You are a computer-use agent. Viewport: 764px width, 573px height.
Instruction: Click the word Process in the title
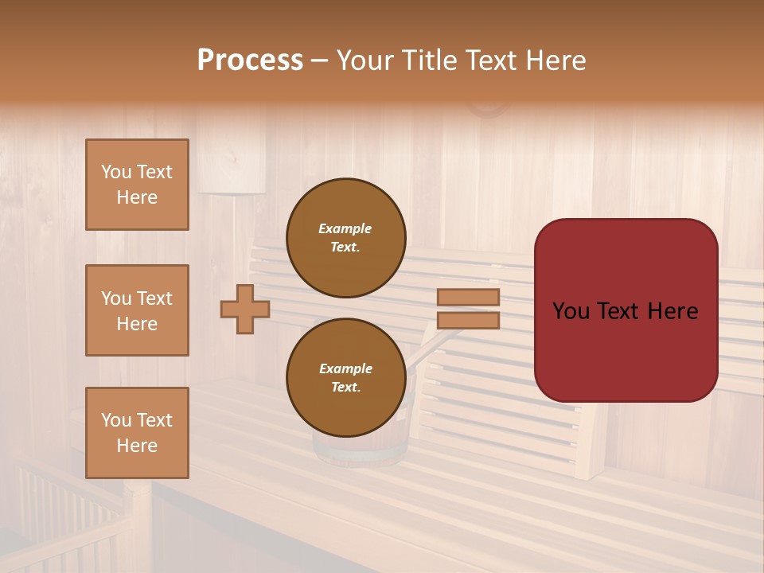tap(250, 60)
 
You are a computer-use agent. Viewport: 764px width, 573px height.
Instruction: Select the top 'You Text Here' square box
tap(137, 185)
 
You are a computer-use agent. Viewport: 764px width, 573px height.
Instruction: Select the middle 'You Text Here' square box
tap(137, 310)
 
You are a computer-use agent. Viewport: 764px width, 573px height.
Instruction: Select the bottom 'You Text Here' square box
tap(137, 433)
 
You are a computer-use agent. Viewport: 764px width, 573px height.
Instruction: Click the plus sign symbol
tap(245, 309)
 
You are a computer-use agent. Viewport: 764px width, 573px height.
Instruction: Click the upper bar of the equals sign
tap(468, 298)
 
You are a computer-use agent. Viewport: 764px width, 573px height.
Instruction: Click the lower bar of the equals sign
tap(468, 321)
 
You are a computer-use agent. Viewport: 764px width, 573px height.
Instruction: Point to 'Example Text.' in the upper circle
tap(345, 238)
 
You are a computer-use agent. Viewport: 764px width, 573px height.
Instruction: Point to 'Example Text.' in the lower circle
tap(345, 378)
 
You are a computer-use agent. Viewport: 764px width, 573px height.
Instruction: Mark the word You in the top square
tap(116, 172)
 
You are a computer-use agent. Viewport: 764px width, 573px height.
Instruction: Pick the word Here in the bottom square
tap(137, 446)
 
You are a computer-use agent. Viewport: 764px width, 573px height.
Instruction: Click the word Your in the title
tap(367, 60)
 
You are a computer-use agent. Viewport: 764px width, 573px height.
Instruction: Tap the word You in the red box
tap(571, 311)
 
